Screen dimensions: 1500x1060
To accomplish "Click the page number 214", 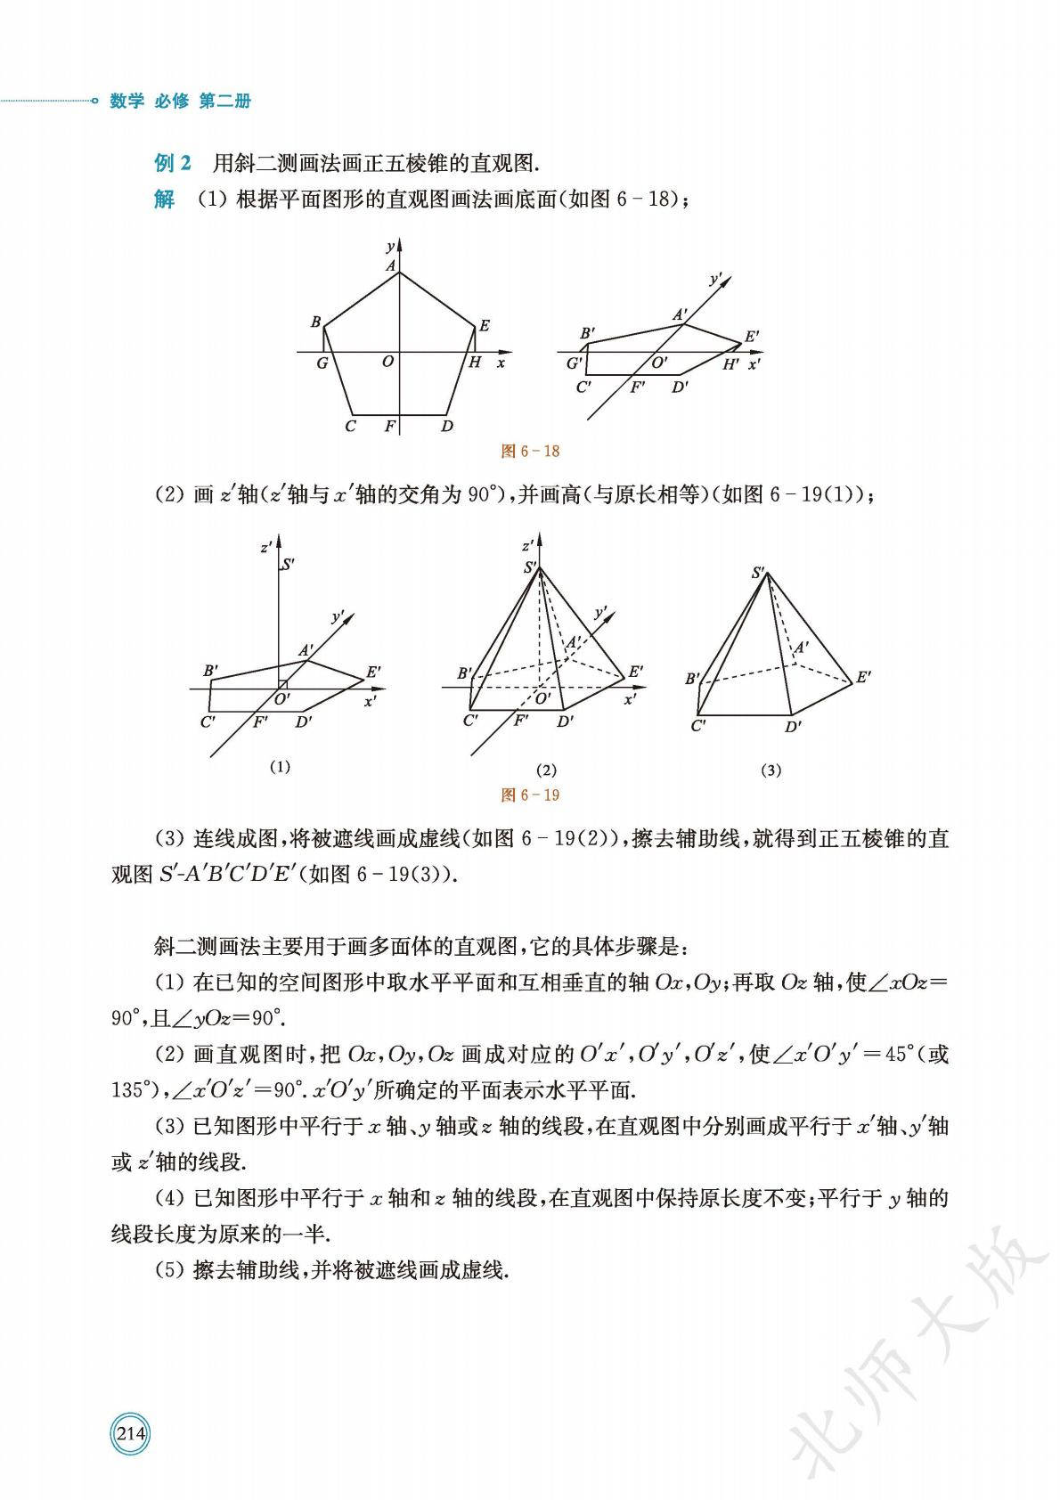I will [130, 1434].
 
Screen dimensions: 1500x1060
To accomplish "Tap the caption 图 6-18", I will [530, 451].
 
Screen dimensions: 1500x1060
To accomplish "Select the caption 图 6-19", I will [530, 795].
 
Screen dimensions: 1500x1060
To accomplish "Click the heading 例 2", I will [173, 163].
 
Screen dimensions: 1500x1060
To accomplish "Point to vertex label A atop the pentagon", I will [390, 265].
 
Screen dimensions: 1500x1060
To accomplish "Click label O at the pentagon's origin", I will [387, 362].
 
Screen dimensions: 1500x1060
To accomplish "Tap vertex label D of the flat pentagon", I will [447, 426].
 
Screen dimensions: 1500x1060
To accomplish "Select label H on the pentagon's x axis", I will [476, 363].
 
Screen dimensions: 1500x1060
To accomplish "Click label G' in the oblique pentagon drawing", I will [575, 363].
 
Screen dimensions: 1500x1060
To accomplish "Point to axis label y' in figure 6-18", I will [714, 280].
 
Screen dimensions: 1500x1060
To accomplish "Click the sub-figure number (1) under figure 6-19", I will [280, 766].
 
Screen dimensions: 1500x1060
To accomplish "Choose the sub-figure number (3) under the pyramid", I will [771, 770].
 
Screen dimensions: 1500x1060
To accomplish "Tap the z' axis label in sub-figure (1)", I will [266, 547].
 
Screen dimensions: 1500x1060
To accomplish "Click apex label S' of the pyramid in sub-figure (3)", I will [759, 573].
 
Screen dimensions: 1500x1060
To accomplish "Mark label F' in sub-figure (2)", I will [522, 721].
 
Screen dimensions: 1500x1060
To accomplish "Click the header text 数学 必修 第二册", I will [180, 102].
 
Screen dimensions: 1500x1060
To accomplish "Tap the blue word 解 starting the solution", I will [164, 200].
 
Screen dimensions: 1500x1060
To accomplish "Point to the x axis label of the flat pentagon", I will [501, 363].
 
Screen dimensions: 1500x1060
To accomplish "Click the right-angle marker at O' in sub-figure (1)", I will [282, 684].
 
